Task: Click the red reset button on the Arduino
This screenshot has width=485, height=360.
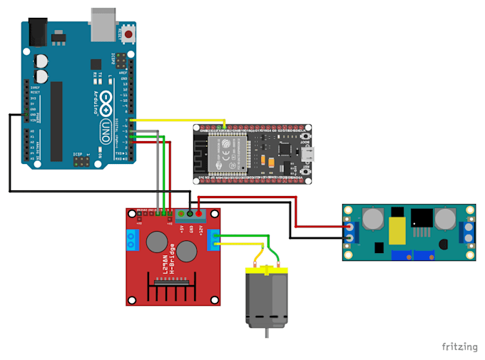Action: [129, 34]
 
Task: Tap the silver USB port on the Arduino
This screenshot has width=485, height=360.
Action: [104, 24]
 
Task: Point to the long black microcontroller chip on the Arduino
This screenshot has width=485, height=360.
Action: [56, 120]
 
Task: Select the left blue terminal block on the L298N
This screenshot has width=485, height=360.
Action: [132, 242]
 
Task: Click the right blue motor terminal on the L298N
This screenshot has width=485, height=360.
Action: [213, 242]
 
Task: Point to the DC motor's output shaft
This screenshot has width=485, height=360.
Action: [265, 333]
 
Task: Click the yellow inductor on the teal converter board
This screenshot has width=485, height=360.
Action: [397, 229]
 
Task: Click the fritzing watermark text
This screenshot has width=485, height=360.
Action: [459, 346]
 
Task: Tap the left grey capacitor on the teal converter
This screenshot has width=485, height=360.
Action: [372, 220]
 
